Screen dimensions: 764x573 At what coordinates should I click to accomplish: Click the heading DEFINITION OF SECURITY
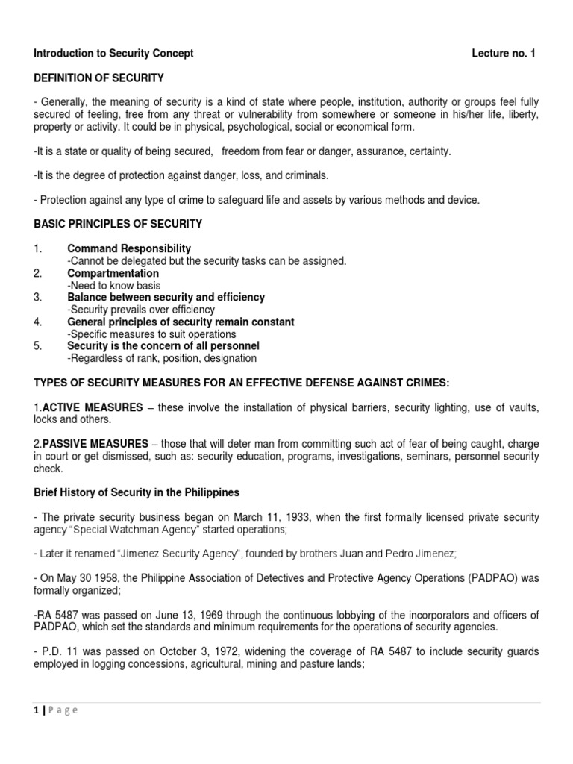(x=99, y=78)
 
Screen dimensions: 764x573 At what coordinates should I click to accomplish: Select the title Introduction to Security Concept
(x=113, y=54)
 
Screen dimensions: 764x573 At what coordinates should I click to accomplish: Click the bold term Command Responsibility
(x=129, y=248)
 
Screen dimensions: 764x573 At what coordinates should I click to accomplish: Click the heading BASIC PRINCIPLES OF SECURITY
(x=118, y=224)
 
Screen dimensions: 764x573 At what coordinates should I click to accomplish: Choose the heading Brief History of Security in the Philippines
(x=137, y=493)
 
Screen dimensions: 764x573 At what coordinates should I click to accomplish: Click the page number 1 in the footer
(x=37, y=710)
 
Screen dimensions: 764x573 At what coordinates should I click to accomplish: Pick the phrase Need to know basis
(x=114, y=286)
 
